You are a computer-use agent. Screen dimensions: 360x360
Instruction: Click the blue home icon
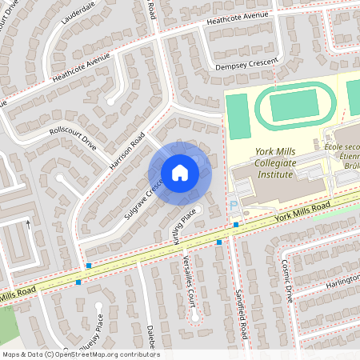180,173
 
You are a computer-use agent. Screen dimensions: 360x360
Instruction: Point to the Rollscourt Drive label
72,138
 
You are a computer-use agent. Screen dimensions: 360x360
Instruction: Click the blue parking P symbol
233,205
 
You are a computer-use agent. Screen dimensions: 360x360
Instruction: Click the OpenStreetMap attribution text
80,354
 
